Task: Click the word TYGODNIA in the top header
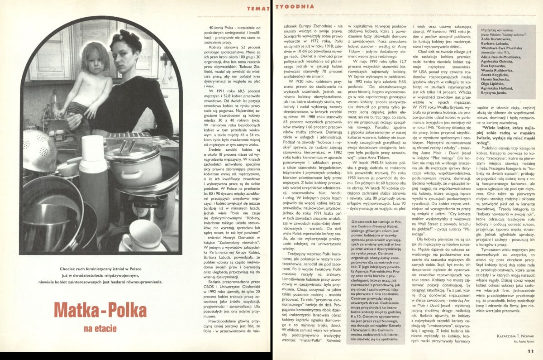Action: click(x=295, y=6)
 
